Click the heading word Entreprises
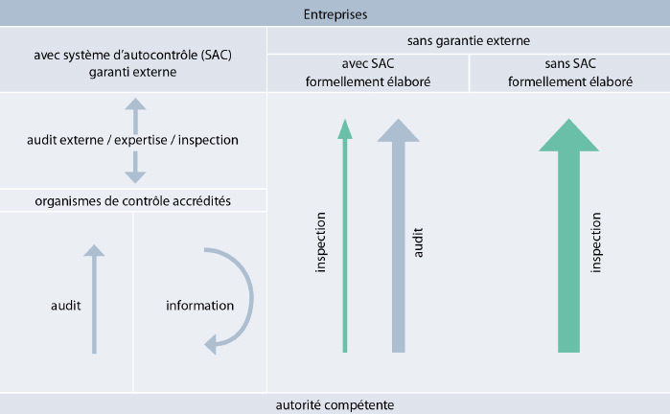point(335,14)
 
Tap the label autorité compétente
point(335,404)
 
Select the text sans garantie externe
point(469,40)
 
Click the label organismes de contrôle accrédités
point(133,201)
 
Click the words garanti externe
point(133,72)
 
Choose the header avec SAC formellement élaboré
point(368,73)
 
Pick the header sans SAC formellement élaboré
point(570,73)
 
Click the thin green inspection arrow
point(345,236)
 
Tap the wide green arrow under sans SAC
point(568,236)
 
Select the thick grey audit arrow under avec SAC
point(398,236)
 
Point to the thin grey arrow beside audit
point(94,299)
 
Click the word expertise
point(141,140)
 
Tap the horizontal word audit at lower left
point(66,306)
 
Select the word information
point(200,306)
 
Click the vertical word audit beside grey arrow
point(418,242)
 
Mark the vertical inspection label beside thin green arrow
point(320,242)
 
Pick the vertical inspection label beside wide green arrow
point(595,242)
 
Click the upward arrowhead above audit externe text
point(135,104)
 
